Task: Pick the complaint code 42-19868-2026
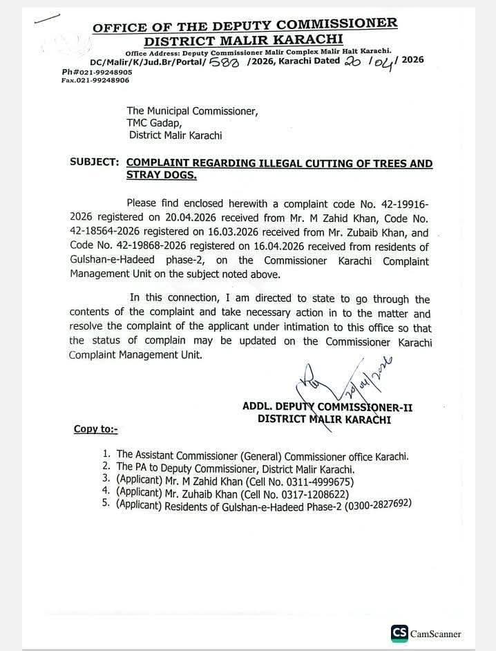(x=160, y=247)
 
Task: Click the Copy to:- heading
(x=96, y=430)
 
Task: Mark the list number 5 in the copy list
(x=106, y=505)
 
